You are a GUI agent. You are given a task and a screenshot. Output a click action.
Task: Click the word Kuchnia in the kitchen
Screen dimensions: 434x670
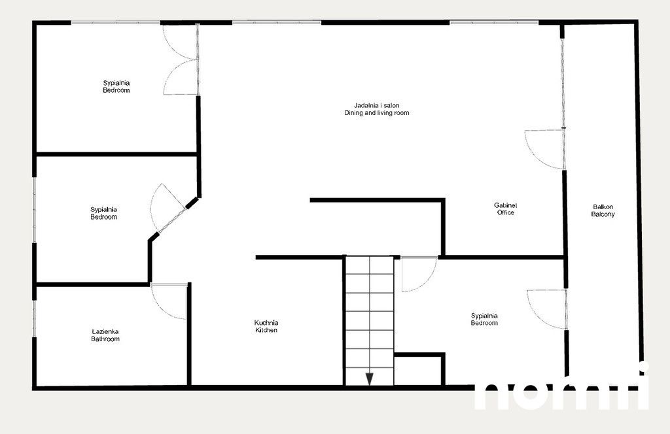pos(266,322)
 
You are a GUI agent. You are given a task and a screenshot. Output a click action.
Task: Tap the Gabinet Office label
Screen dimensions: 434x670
pos(505,205)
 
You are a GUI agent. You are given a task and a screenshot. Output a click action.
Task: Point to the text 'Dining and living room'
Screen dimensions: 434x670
pos(377,113)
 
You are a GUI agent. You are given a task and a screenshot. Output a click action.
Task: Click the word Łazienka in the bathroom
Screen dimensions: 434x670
pos(105,331)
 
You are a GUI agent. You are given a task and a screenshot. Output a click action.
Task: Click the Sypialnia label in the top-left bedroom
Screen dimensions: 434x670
pos(116,83)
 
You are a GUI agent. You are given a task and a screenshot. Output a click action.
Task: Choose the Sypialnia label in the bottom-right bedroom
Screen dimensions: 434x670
pos(484,316)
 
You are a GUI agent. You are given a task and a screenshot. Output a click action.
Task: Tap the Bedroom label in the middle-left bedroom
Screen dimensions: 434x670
pos(103,217)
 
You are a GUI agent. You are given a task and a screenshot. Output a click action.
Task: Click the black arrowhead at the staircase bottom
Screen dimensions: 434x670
pos(369,378)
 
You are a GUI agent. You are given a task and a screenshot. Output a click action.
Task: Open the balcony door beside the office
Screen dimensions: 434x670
pos(545,149)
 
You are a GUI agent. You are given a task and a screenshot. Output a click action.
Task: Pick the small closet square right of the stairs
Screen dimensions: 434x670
pos(419,371)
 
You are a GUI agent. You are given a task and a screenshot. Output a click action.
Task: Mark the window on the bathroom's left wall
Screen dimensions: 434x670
pos(35,318)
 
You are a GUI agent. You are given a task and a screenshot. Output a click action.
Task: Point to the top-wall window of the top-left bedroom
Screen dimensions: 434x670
pos(116,23)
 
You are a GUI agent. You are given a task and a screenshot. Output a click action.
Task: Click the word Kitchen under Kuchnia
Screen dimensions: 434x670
pos(266,331)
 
